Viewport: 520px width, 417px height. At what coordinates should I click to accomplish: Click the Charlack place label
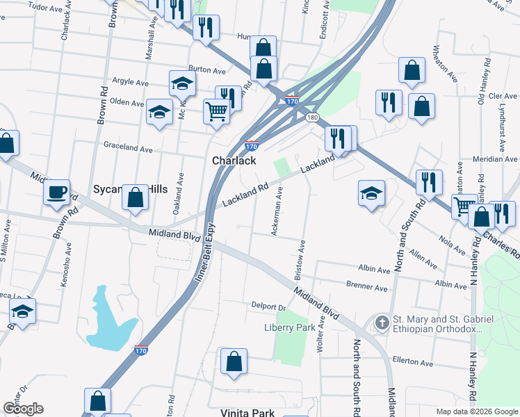[x=234, y=161]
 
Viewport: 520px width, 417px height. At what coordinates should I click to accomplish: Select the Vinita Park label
[x=247, y=413]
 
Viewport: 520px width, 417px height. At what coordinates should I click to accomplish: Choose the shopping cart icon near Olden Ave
[x=216, y=111]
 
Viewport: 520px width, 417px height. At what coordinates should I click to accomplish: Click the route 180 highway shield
[x=313, y=117]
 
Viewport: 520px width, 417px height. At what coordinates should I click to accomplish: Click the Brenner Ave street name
[x=368, y=287]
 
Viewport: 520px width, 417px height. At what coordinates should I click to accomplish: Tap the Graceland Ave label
[x=128, y=149]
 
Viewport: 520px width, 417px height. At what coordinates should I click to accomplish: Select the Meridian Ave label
[x=496, y=159]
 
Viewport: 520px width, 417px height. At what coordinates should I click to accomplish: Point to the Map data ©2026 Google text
[x=476, y=411]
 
